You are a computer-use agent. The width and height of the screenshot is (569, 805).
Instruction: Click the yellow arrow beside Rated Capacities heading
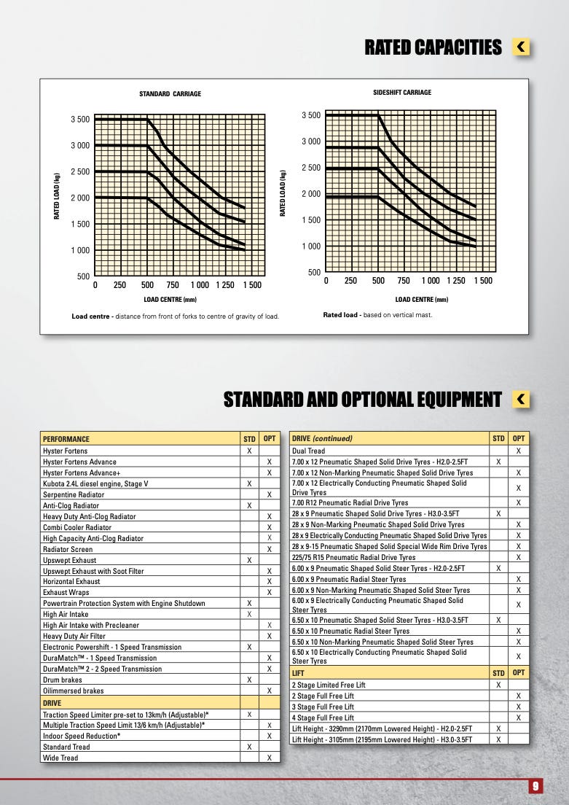point(521,47)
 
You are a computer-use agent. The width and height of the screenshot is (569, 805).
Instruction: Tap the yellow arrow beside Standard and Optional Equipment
point(521,399)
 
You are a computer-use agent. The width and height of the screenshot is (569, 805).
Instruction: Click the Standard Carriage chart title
point(170,94)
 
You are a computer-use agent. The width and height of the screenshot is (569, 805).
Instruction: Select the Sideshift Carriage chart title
point(402,93)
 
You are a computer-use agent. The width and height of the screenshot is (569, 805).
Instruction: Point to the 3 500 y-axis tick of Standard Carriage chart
point(80,119)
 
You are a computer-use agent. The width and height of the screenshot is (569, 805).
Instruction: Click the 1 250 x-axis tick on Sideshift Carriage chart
point(455,280)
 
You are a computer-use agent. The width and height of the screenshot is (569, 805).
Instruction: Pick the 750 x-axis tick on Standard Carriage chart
point(173,285)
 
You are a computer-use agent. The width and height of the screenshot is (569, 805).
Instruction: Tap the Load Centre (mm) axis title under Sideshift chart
point(422,299)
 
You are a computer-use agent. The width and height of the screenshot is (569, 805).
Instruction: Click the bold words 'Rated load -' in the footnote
point(342,315)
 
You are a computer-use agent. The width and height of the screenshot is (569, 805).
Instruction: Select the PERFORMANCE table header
point(66,439)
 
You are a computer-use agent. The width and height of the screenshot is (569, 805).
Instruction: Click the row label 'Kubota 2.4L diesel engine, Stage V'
point(95,483)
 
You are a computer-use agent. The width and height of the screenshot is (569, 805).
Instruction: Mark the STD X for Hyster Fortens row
point(249,451)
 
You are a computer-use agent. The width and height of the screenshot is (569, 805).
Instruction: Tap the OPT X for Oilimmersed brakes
point(270,691)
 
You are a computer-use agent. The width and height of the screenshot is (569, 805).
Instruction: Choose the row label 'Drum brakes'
point(63,680)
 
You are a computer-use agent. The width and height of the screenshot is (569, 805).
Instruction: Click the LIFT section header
point(298,672)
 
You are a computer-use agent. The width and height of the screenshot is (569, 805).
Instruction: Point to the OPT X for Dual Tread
point(519,451)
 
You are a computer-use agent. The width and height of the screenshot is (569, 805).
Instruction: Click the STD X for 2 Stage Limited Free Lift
point(498,685)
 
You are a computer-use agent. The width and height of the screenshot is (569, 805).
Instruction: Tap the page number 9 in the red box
point(535,786)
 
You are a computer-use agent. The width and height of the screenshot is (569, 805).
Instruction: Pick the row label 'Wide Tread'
point(60,758)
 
